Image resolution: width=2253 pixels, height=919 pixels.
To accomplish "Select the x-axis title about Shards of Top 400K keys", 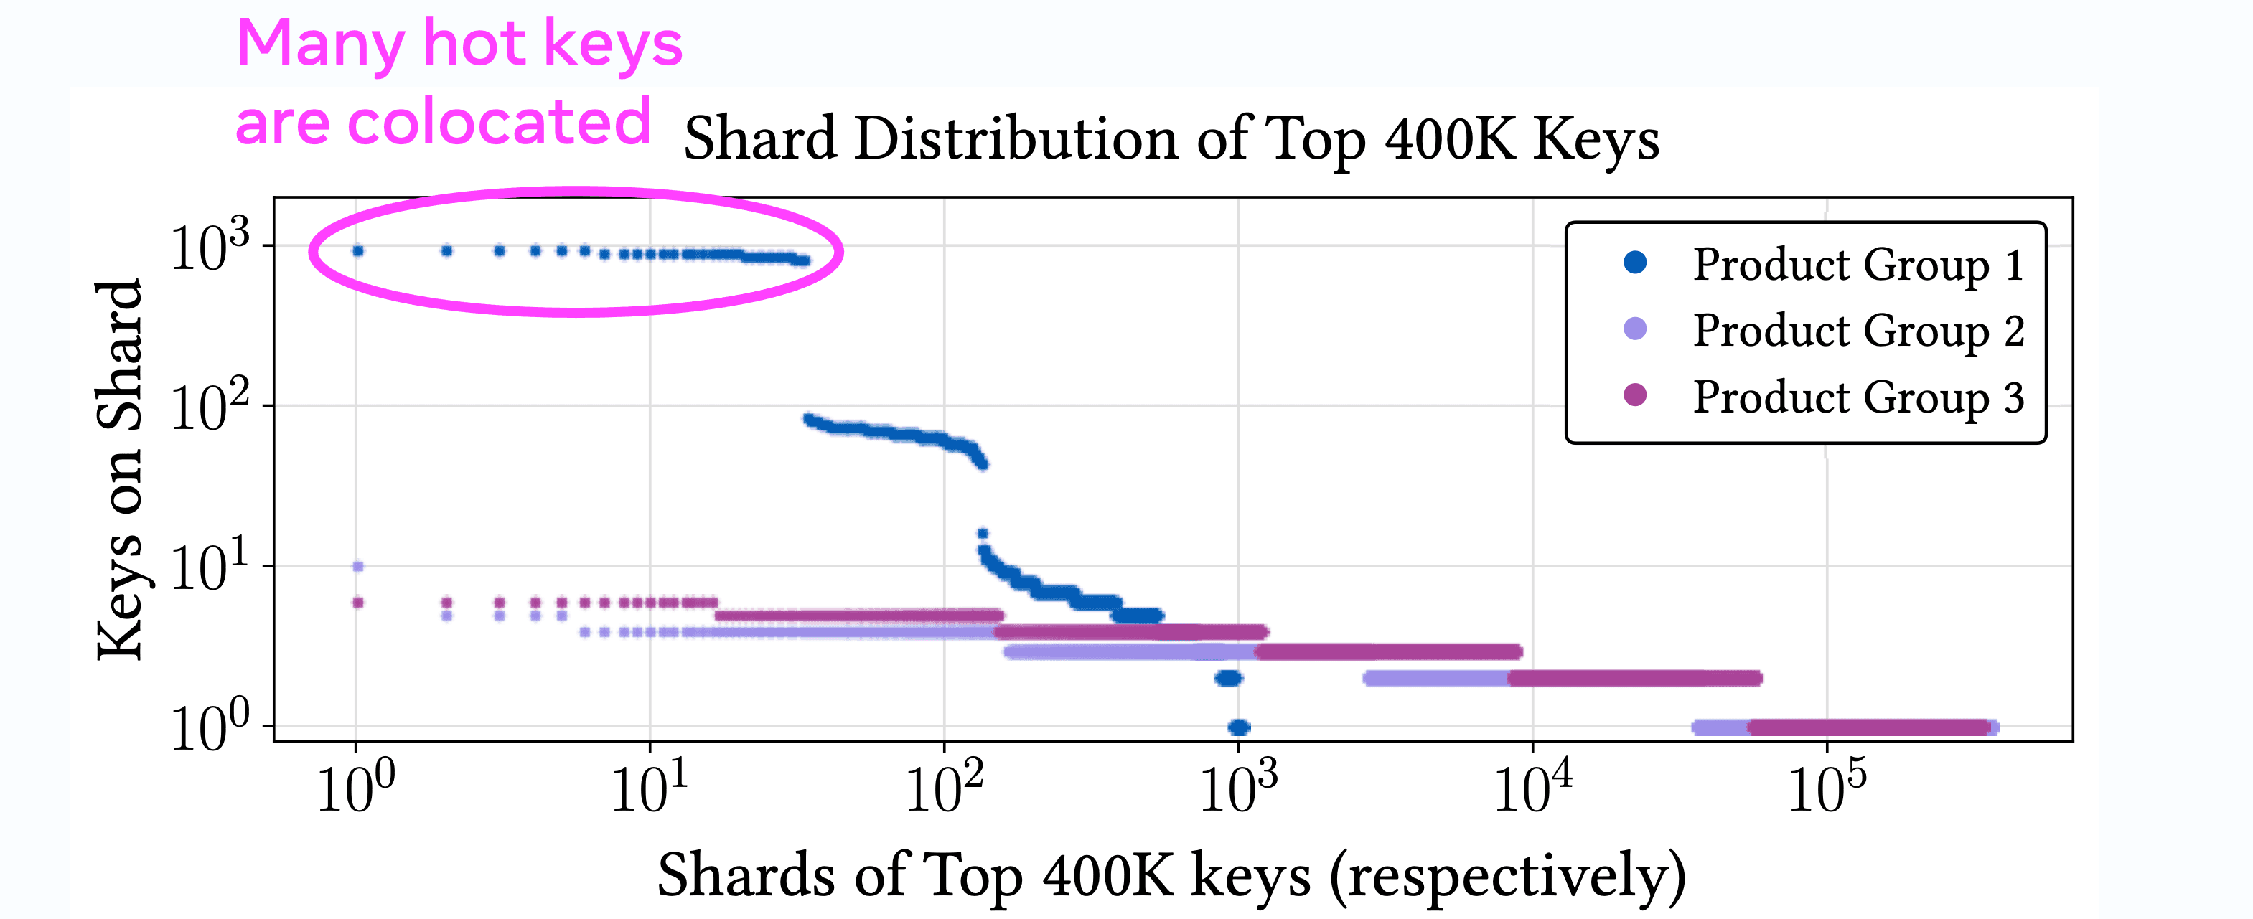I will point(1172,875).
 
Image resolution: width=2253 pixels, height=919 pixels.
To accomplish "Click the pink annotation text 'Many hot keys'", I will point(459,44).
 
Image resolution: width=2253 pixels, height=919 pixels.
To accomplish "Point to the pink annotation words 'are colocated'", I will point(443,123).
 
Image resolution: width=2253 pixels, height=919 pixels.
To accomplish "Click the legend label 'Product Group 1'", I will point(1858,264).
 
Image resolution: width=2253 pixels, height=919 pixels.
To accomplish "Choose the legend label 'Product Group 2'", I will point(1858,331).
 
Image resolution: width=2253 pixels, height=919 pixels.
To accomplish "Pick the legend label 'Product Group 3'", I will point(1858,397).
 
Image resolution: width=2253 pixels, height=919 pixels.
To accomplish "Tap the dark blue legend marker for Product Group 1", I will point(1634,263).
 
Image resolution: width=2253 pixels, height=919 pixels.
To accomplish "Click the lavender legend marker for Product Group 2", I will point(1634,329).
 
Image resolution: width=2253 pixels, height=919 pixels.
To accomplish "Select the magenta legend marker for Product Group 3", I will point(1634,395).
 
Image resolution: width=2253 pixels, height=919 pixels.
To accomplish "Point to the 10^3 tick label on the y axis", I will point(210,248).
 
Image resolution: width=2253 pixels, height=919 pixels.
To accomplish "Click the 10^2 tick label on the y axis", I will point(210,407).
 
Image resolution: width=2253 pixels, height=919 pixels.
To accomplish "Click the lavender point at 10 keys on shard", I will point(357,567).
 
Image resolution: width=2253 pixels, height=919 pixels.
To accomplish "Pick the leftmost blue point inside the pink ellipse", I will point(357,251).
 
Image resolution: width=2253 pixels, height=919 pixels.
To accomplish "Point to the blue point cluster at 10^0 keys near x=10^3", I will point(1238,727).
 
